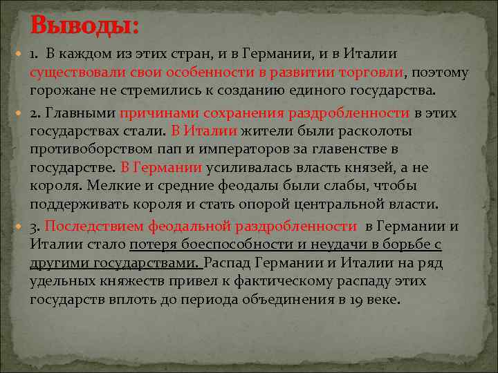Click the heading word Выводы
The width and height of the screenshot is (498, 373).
click(x=84, y=26)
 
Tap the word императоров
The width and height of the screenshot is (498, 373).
click(x=245, y=149)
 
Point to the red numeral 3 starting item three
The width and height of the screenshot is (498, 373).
click(x=34, y=226)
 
